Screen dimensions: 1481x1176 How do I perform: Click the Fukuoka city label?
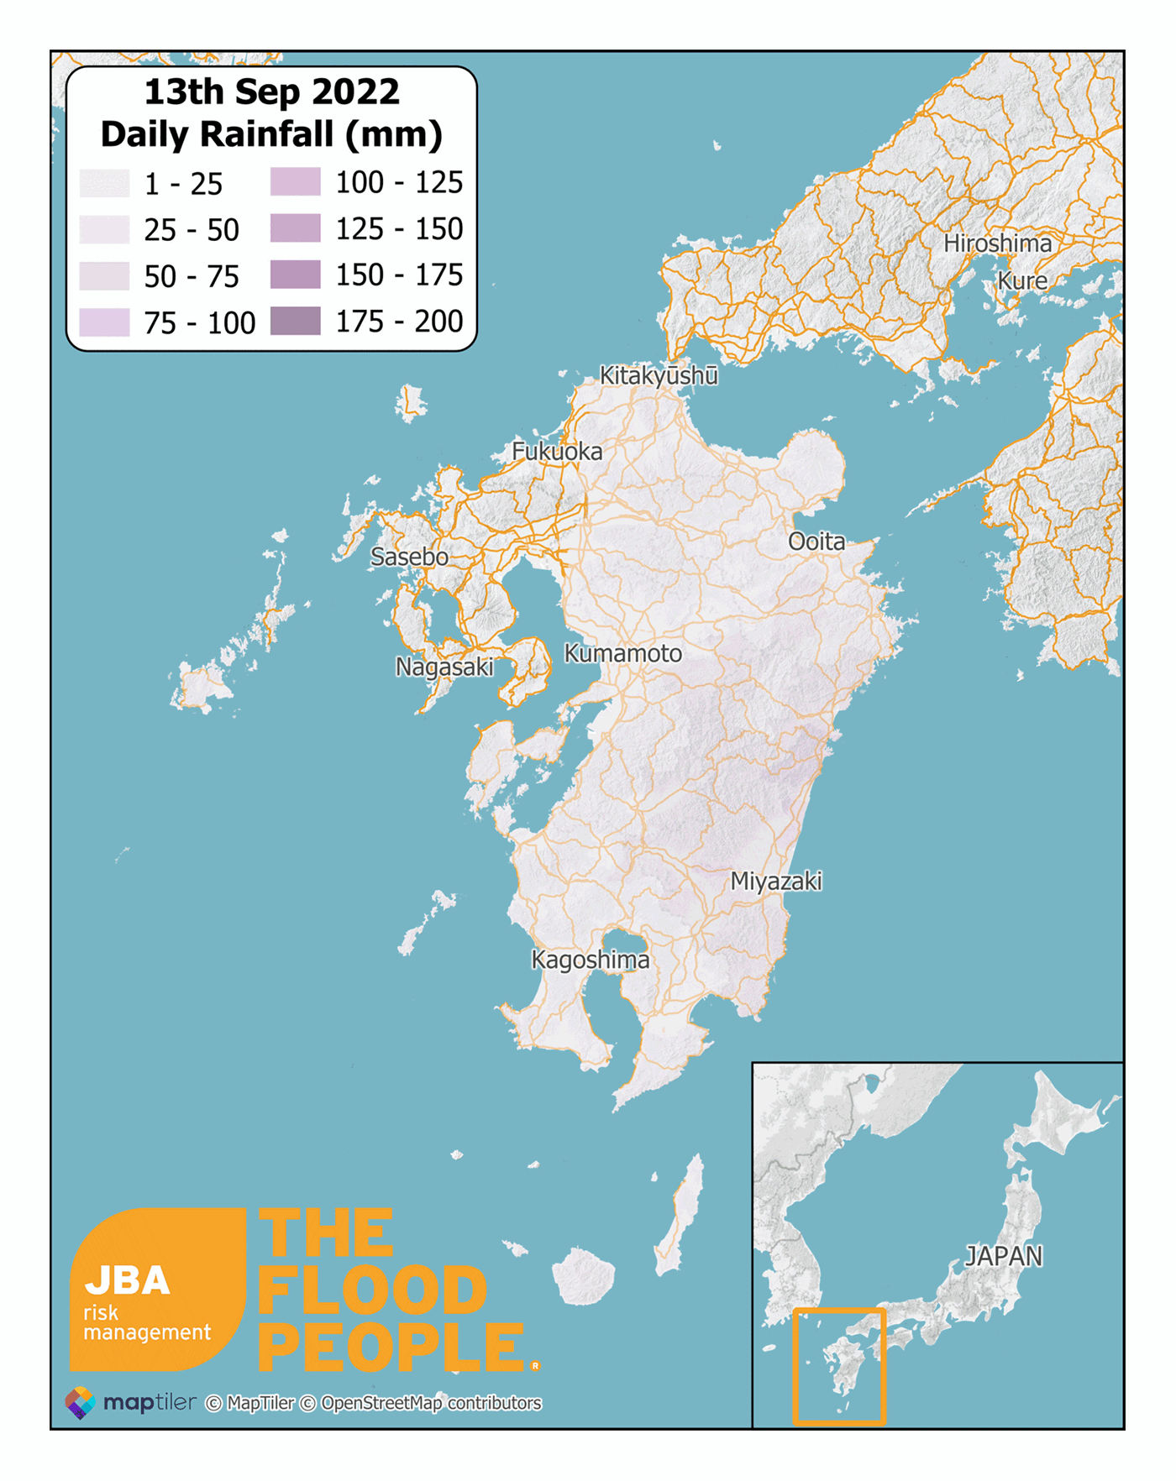[x=557, y=452]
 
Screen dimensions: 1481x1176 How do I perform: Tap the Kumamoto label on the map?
[x=622, y=653]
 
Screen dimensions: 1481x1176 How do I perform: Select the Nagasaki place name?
[x=444, y=667]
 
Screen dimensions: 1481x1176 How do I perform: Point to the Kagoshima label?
[x=591, y=960]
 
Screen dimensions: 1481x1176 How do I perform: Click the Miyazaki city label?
[x=775, y=881]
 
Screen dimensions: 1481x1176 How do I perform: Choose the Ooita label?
[x=816, y=542]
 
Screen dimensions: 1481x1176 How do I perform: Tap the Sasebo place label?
[x=409, y=557]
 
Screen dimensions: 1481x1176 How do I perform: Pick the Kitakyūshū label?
[x=659, y=375]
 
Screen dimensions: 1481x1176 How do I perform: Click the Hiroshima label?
[x=997, y=243]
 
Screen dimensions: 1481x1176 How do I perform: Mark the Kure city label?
[x=1022, y=280]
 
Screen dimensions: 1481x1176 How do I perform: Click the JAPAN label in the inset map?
[x=1004, y=1256]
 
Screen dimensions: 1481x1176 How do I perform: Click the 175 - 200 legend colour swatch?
[x=295, y=321]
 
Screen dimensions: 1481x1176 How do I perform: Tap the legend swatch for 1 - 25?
[x=105, y=183]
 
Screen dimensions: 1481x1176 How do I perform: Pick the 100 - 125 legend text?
[x=399, y=182]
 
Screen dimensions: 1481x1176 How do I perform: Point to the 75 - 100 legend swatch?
[x=105, y=322]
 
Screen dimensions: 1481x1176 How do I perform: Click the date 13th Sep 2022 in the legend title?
[x=271, y=92]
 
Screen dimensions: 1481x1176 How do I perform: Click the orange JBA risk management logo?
[x=157, y=1290]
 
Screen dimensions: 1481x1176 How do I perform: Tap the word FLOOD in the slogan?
[x=372, y=1290]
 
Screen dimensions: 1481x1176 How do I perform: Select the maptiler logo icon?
[x=81, y=1402]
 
